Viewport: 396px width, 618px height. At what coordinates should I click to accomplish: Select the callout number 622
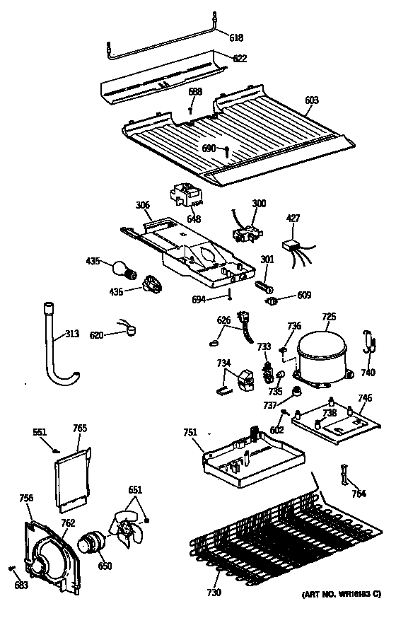240,59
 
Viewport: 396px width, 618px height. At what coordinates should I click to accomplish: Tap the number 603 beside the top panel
311,101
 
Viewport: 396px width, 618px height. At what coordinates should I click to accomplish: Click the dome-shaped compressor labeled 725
322,354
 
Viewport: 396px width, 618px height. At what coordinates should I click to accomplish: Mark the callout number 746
364,399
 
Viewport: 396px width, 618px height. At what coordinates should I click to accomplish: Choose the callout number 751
190,433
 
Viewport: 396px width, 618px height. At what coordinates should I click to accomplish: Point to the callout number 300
259,204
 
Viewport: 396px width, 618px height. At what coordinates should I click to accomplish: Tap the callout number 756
26,499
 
